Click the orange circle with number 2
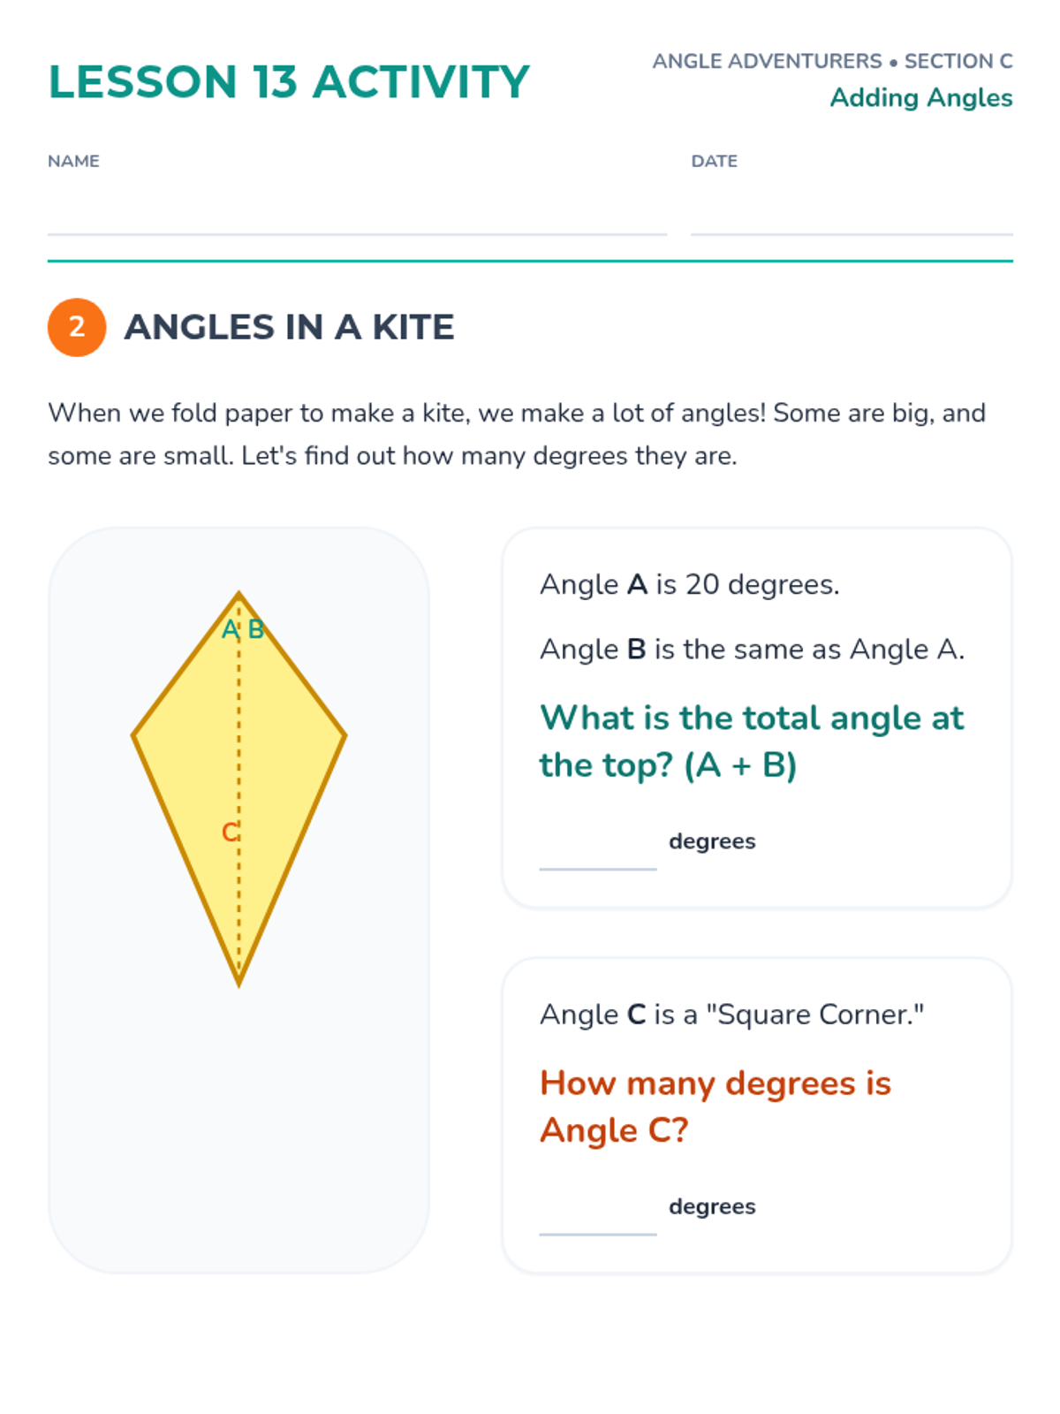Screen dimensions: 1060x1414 click(x=77, y=327)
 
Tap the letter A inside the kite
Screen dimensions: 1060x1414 click(x=230, y=629)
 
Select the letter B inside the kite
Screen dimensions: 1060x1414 click(x=255, y=629)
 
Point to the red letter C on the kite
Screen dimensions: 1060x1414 click(x=229, y=832)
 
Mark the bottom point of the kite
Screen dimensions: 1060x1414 click(x=238, y=985)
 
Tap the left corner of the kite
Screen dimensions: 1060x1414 click(x=132, y=735)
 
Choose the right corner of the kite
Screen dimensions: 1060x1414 click(x=346, y=735)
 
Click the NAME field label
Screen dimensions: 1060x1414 click(x=73, y=161)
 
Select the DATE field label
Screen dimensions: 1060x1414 click(x=714, y=161)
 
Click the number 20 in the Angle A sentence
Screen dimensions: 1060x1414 click(x=701, y=584)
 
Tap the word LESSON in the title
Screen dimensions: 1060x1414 click(x=143, y=82)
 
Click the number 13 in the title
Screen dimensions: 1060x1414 click(x=275, y=82)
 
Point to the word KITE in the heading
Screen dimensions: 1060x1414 click(x=413, y=327)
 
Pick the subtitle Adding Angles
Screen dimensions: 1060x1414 click(x=921, y=98)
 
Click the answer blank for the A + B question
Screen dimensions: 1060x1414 click(x=598, y=869)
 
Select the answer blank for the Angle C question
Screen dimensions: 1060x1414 click(x=598, y=1234)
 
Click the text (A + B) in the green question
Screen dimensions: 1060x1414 click(x=741, y=765)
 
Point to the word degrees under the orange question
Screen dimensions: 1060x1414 click(x=712, y=1206)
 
